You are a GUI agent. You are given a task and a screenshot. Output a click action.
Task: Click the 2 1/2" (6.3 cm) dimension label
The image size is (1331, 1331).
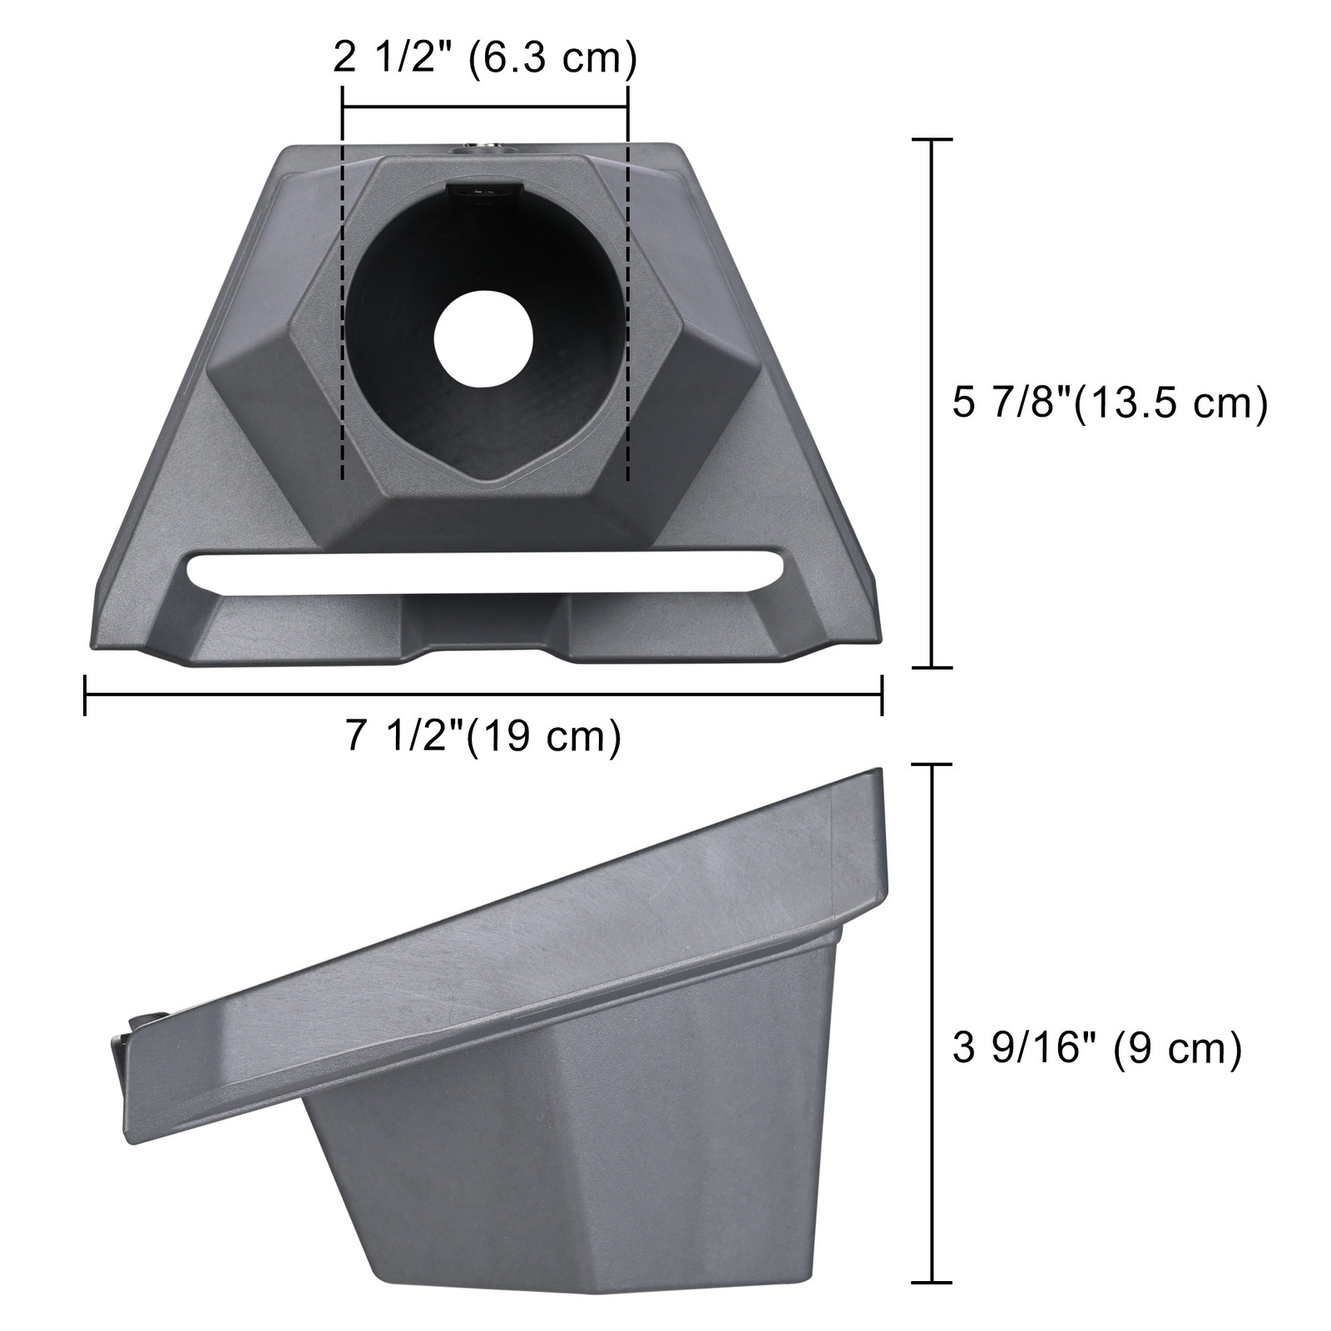pos(484,60)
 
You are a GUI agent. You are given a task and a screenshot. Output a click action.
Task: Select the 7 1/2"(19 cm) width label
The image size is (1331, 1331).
pos(484,735)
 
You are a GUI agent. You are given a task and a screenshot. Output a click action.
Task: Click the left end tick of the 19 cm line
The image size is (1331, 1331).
pos(85,695)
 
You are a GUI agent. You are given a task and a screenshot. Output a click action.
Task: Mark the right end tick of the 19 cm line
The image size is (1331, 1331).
pos(882,695)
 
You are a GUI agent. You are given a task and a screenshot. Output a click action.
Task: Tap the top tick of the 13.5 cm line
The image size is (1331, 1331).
pos(932,141)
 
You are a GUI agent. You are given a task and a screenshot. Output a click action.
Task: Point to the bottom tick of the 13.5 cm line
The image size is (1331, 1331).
pos(932,666)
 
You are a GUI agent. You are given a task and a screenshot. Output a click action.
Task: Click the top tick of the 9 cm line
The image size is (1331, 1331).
pos(932,764)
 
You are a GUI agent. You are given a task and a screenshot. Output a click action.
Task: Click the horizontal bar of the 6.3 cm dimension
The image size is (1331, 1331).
pos(485,107)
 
